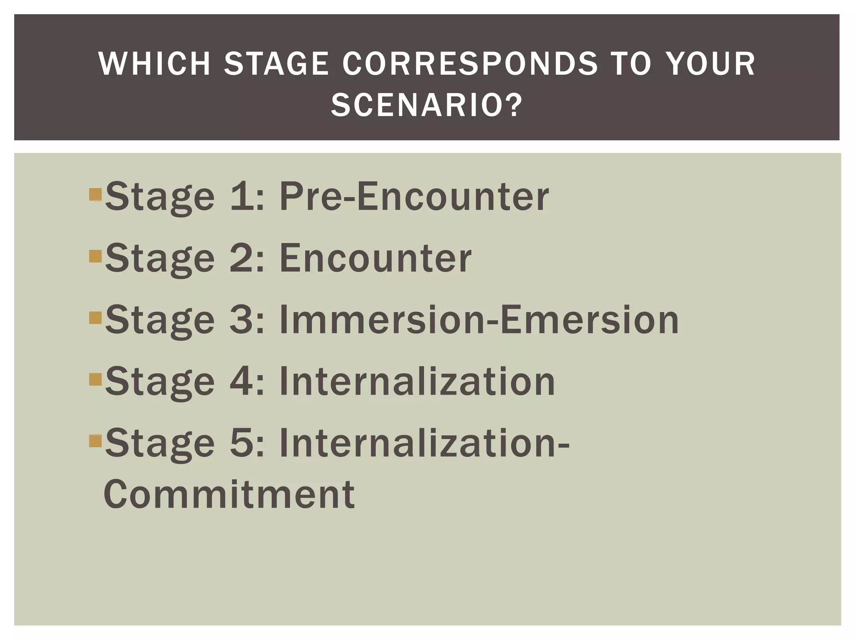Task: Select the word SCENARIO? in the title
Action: click(x=427, y=105)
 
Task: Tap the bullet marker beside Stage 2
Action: click(x=95, y=256)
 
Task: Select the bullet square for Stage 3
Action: click(x=95, y=318)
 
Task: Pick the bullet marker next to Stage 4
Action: click(x=95, y=379)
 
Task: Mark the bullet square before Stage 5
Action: click(x=95, y=441)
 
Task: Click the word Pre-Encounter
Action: click(x=414, y=196)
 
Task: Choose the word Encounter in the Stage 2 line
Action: click(x=375, y=258)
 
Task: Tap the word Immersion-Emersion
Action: click(x=479, y=320)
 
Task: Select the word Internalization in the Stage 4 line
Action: click(x=417, y=381)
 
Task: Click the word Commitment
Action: click(x=229, y=494)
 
